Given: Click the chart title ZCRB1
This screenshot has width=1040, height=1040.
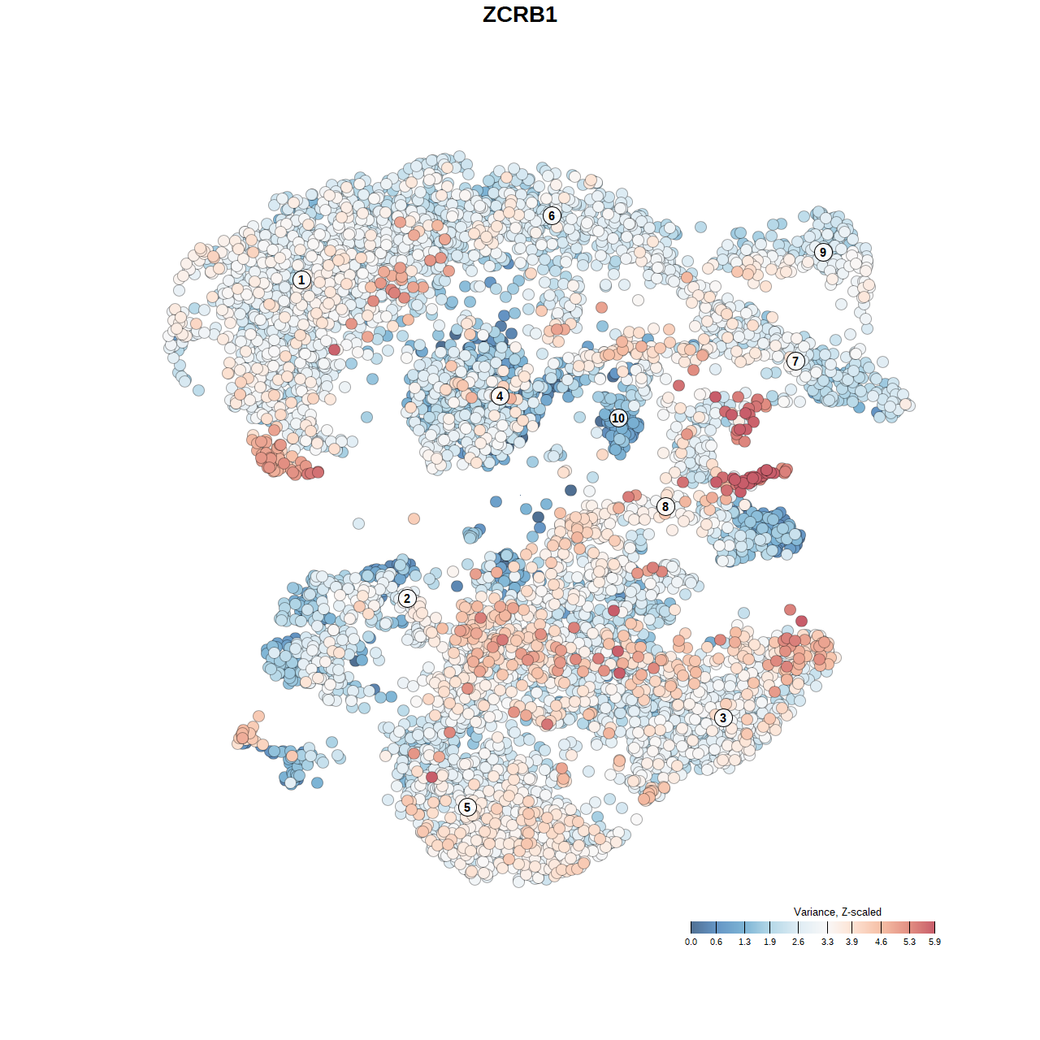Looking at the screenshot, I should tap(520, 15).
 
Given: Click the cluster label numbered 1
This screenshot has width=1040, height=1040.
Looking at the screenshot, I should tap(301, 280).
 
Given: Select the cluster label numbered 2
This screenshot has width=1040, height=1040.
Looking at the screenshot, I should tap(407, 599).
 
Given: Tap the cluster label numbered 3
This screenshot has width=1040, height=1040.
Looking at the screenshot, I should tap(723, 717).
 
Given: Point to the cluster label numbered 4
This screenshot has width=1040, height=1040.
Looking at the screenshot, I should tap(500, 396).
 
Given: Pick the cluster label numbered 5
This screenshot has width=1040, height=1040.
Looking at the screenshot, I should tap(467, 807).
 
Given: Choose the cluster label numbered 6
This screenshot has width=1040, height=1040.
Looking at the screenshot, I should tap(552, 215).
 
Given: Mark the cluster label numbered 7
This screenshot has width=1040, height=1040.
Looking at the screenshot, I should tap(795, 362).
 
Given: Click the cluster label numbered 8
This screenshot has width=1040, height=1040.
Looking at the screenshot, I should tap(665, 507).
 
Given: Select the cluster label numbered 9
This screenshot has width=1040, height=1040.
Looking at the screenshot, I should tap(823, 252).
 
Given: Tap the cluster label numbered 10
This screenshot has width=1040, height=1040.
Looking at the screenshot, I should tap(618, 418).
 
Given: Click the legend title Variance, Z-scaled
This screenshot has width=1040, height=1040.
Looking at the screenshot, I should tap(837, 912).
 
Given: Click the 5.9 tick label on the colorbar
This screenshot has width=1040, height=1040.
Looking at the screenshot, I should tap(934, 942).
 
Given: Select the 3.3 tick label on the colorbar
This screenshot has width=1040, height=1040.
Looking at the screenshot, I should tap(827, 942).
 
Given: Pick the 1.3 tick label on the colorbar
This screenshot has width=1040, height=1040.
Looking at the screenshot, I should tap(744, 942).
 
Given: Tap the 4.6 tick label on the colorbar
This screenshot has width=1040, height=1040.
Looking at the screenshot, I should tap(881, 942).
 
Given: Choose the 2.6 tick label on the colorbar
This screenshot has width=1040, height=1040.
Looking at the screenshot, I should tap(798, 942).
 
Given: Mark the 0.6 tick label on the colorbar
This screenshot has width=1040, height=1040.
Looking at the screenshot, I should tap(716, 942).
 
